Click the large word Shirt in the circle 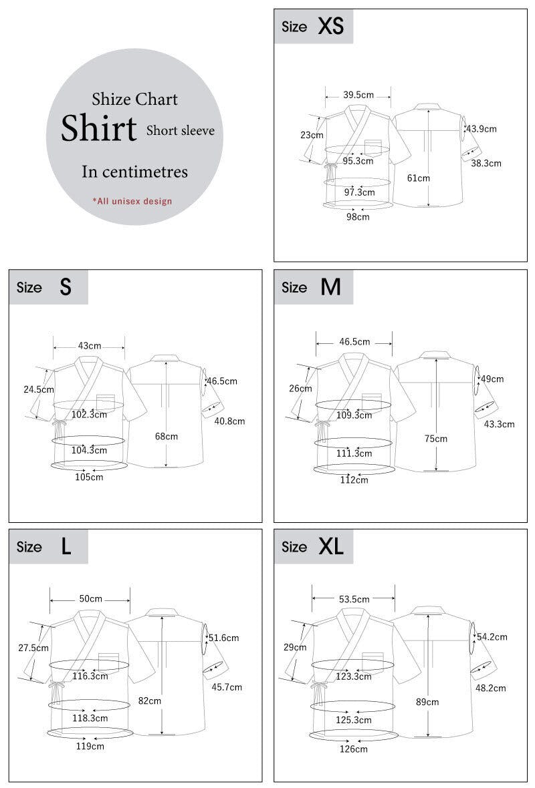tap(99, 128)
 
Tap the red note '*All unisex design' tap(132, 201)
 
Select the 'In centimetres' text tap(134, 172)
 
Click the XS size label tap(330, 27)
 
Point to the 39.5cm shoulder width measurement tap(358, 95)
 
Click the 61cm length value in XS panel tap(419, 178)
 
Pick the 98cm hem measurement tap(358, 216)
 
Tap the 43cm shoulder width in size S tap(90, 346)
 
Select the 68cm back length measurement tap(167, 436)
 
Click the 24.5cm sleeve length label tap(38, 389)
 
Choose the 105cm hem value tap(89, 477)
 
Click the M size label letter tap(330, 287)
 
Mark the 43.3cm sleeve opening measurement tap(499, 424)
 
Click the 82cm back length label tap(150, 701)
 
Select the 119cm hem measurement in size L tap(90, 747)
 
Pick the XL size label tap(330, 547)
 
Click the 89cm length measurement tap(427, 702)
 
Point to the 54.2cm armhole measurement tap(492, 637)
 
